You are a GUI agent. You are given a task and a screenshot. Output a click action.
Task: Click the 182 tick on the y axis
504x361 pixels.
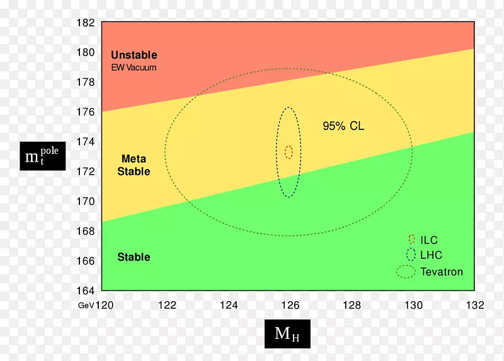point(85,23)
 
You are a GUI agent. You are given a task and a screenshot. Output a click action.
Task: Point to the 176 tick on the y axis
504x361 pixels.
point(85,112)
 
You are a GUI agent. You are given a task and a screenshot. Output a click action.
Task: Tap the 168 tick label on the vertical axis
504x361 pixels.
point(85,231)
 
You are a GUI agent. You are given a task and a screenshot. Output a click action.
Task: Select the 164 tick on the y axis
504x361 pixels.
point(85,290)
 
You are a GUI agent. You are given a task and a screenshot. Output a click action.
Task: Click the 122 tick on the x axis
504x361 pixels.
point(167,305)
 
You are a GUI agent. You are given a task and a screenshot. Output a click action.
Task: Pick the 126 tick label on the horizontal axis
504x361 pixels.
point(290,305)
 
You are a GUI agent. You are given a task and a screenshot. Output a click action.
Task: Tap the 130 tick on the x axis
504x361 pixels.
point(413,305)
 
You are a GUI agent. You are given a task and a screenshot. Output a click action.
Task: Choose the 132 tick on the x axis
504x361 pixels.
point(474,305)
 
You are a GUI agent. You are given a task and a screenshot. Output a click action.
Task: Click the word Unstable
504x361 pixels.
point(134,56)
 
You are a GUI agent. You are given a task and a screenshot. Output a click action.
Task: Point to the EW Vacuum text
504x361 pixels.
point(134,68)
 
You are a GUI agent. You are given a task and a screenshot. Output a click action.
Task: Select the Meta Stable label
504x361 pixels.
point(134,165)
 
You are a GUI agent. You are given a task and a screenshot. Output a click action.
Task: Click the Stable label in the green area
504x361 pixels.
point(134,257)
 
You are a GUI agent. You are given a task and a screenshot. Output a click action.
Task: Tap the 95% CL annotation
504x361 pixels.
point(343,126)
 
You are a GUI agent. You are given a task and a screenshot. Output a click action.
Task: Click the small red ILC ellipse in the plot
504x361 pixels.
point(289,152)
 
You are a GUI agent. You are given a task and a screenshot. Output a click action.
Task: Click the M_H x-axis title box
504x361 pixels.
point(287,334)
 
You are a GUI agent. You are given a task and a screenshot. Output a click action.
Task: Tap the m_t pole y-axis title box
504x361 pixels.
point(43,155)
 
